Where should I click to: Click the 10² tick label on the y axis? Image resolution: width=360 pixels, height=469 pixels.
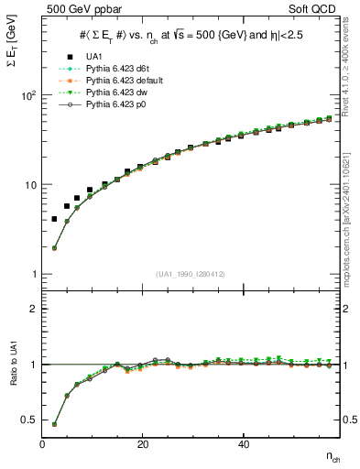(x=27, y=95)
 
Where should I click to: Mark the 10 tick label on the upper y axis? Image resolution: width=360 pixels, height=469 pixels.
(x=29, y=185)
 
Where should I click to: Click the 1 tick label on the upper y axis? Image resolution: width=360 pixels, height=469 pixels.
(x=34, y=275)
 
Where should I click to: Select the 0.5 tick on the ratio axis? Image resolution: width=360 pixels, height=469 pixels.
(x=29, y=420)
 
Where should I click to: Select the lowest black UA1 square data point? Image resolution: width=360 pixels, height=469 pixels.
(x=55, y=219)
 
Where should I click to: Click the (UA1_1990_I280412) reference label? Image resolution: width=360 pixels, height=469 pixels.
(x=192, y=274)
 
